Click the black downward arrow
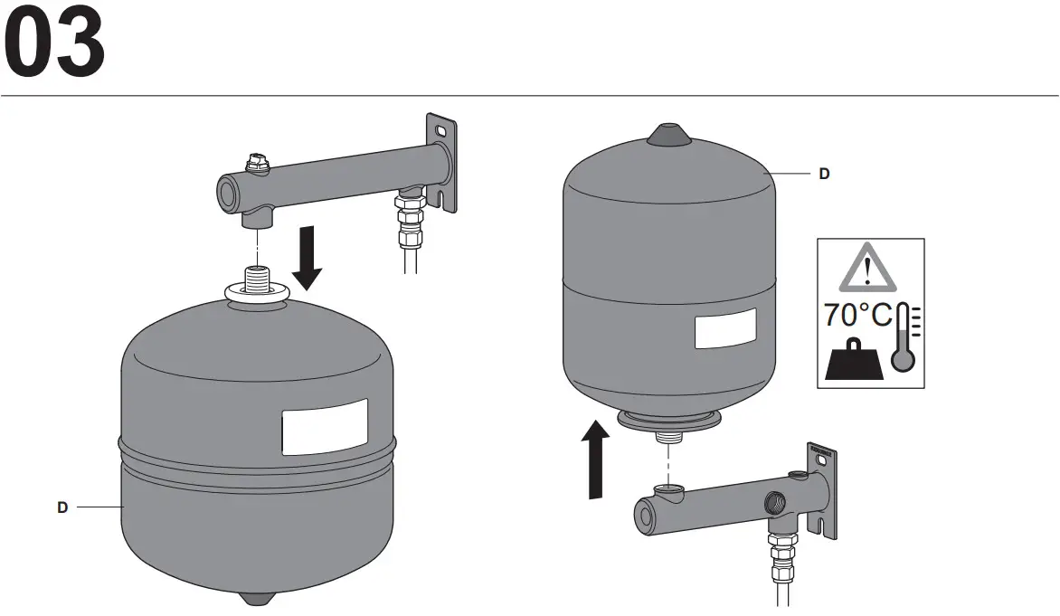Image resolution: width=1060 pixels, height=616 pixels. point(308,258)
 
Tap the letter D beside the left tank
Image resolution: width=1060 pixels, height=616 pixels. point(62,507)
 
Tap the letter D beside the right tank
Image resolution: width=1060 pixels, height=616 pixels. point(823,174)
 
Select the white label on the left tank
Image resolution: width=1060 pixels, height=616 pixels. point(325,427)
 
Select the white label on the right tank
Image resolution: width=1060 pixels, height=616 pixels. point(724,328)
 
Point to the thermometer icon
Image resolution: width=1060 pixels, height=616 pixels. point(904,338)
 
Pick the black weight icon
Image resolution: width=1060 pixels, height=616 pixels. point(854,361)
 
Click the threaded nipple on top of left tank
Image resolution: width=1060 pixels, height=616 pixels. point(258,275)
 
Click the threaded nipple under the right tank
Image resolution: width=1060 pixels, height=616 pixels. point(667,440)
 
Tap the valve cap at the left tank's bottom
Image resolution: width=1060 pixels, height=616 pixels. point(258,598)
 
